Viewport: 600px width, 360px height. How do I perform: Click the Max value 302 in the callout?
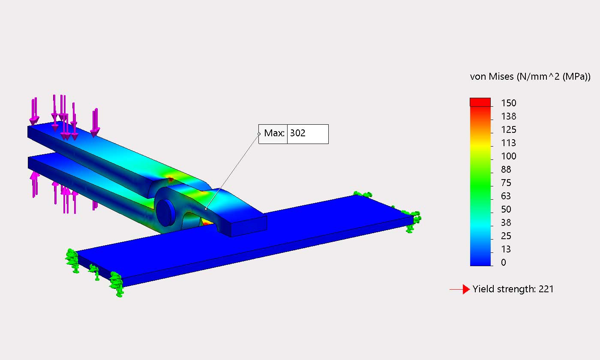pyautogui.click(x=298, y=133)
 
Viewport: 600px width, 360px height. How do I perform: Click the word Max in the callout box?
pyautogui.click(x=273, y=133)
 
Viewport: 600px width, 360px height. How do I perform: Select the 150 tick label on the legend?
pyautogui.click(x=509, y=103)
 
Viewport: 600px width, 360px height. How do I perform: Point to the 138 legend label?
pyautogui.click(x=509, y=116)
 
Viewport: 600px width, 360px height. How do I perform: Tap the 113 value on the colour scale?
pyautogui.click(x=509, y=143)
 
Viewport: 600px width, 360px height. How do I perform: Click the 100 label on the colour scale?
pyautogui.click(x=509, y=156)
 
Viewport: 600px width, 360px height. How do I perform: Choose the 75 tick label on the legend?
pyautogui.click(x=507, y=183)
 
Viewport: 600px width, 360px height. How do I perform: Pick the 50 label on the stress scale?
pyautogui.click(x=507, y=209)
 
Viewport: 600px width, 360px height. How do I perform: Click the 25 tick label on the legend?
pyautogui.click(x=507, y=236)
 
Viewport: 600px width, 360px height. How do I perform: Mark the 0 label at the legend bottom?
pyautogui.click(x=504, y=262)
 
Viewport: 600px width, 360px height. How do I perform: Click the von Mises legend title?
pyautogui.click(x=530, y=77)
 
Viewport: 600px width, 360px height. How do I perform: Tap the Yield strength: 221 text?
pyautogui.click(x=513, y=289)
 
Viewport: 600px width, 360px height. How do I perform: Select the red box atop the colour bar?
pyautogui.click(x=480, y=102)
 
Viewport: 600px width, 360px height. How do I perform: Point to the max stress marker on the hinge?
pyautogui.click(x=206, y=209)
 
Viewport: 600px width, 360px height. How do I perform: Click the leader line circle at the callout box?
pyautogui.click(x=259, y=134)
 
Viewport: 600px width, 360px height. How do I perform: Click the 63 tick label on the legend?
pyautogui.click(x=507, y=196)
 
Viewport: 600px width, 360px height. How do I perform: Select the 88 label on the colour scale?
pyautogui.click(x=507, y=169)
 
